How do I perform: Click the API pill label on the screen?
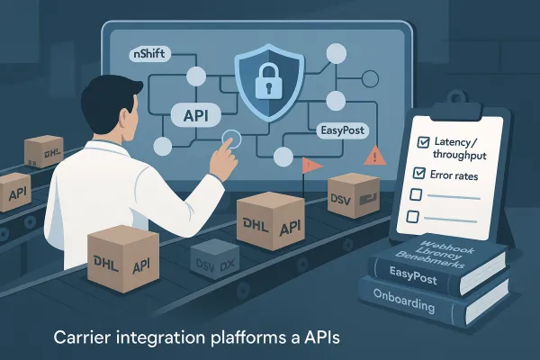[x=196, y=117]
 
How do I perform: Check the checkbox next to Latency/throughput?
[x=416, y=144]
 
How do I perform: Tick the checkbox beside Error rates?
[x=417, y=172]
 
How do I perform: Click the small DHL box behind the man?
[x=42, y=151]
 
